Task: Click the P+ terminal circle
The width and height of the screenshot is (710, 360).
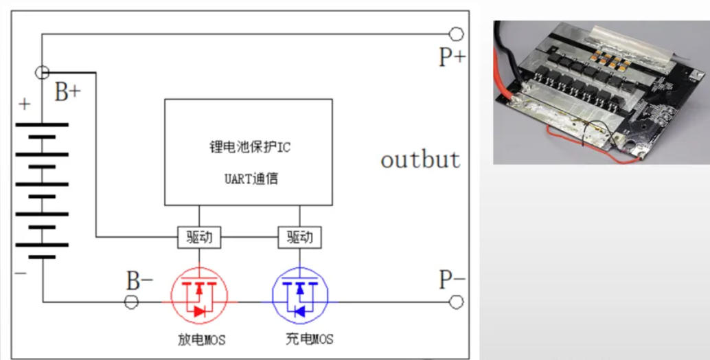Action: tap(456, 34)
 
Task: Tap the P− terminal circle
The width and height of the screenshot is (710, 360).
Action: tap(456, 302)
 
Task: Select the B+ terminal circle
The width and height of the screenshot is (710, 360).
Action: tap(42, 71)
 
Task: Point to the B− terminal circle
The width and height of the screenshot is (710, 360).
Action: tap(131, 302)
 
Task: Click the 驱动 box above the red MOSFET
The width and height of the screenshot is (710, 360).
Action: tap(200, 237)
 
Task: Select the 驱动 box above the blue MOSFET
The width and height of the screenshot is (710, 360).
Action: tap(300, 237)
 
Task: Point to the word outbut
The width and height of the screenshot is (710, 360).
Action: tap(420, 159)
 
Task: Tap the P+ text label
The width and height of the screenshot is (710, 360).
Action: tap(452, 57)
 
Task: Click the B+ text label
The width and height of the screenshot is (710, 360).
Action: tap(68, 93)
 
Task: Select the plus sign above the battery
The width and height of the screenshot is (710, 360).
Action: tap(25, 105)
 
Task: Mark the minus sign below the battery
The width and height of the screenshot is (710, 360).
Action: tap(21, 273)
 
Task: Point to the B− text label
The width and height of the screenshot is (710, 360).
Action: tap(139, 281)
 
